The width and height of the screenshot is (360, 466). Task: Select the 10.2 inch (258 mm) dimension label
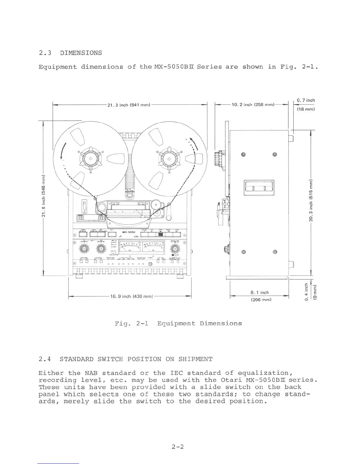pos(253,105)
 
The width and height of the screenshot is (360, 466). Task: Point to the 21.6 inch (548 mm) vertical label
pos(44,195)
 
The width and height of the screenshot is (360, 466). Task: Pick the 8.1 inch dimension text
pos(260,292)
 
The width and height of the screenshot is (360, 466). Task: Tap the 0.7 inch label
pos(306,100)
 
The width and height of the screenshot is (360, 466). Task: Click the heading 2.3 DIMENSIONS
pos(70,53)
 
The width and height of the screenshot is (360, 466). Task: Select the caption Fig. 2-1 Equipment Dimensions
pos(178,324)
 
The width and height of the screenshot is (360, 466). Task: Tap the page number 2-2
pos(178,447)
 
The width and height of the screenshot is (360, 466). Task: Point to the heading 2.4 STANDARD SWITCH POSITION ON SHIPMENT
pos(125,359)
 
